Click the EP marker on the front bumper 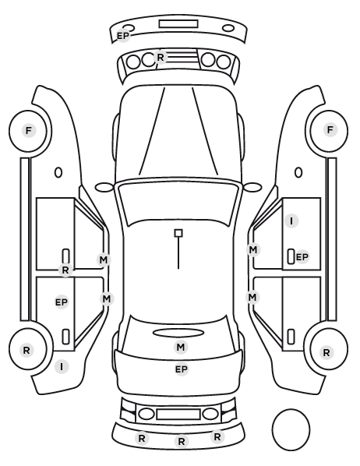pos(123,36)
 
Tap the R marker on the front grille pos(161,57)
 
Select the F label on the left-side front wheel pos(29,130)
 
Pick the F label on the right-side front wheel pos(330,130)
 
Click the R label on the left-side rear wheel pos(26,350)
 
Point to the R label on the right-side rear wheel pos(326,353)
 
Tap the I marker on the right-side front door pos(291,221)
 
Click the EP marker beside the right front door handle pos(302,257)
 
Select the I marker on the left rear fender pos(62,367)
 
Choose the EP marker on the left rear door pos(62,302)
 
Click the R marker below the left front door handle pos(65,270)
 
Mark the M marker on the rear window pos(181,347)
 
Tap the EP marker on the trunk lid pos(182,369)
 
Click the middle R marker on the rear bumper pos(182,441)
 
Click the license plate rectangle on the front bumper pos(178,24)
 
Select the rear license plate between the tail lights pos(178,414)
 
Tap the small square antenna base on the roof pos(178,233)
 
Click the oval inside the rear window pos(178,333)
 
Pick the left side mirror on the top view pos(104,188)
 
